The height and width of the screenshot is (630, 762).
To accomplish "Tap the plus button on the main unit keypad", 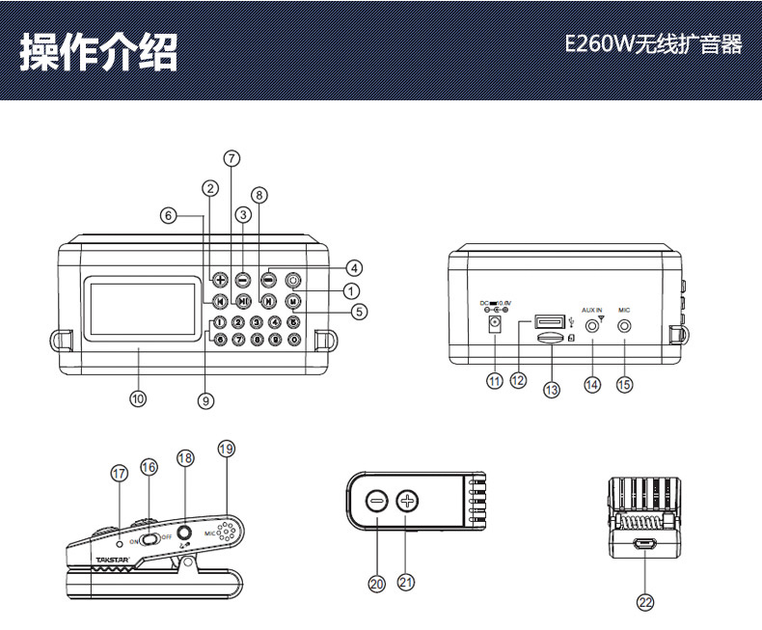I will [220, 281].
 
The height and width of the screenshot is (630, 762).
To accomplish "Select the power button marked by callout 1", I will [291, 281].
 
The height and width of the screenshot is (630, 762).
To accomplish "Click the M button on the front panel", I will [291, 300].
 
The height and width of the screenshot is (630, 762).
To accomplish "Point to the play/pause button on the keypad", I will [244, 301].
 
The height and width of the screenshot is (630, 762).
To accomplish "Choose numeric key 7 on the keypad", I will [238, 340].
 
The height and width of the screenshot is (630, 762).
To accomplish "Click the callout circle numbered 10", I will [138, 397].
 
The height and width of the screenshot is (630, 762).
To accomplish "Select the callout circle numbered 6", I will [169, 216].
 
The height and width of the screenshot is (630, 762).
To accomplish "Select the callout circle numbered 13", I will [552, 390].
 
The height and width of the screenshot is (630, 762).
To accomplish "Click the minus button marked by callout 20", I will [377, 502].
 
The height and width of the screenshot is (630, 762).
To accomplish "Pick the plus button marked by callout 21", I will [408, 502].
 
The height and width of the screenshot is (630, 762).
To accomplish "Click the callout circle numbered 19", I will [226, 449].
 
